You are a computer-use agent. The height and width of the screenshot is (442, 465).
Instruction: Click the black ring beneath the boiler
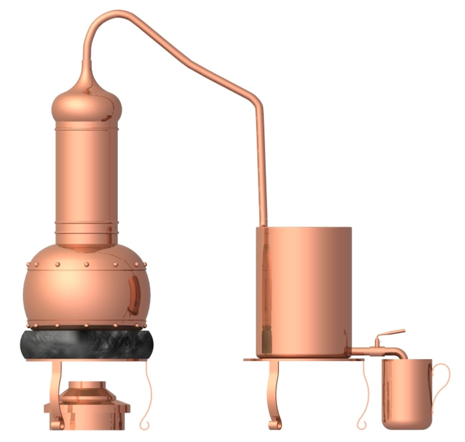point(86,344)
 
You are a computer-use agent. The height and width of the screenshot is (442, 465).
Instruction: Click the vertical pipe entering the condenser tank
point(262,164)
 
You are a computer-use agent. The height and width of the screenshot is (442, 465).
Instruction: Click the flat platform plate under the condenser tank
point(303,360)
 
